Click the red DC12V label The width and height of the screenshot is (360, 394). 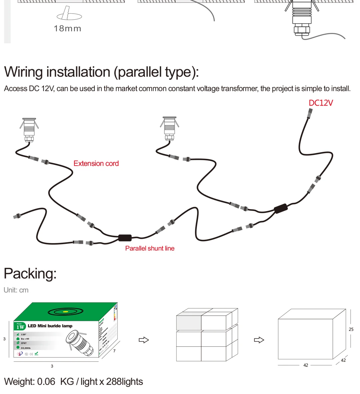coord(321,103)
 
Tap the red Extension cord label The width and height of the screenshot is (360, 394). coord(96,164)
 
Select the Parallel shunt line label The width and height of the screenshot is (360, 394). coord(150,248)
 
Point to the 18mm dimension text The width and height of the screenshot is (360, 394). coord(68,29)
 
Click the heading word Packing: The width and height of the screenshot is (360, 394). coord(30,274)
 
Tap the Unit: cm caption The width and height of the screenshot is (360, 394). coord(16,290)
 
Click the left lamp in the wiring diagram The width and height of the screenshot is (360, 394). coord(29,130)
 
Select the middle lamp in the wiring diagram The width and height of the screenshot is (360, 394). coord(170,129)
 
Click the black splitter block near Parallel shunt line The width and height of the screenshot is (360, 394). coord(125,238)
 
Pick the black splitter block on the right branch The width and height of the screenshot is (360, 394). coord(281,208)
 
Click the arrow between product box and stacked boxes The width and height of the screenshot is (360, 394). coord(144,340)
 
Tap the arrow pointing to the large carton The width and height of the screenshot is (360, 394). coord(259,340)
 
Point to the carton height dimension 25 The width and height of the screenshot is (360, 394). coord(351,329)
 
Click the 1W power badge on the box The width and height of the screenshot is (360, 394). coord(20,326)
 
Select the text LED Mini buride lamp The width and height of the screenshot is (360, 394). coord(50,326)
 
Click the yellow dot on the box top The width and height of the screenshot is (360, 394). coord(65,312)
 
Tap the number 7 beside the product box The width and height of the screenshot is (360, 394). coord(114,351)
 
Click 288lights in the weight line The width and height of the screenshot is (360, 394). coord(124,382)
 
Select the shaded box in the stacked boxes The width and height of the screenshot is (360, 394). coord(189,323)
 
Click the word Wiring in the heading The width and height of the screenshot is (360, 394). coord(24,72)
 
